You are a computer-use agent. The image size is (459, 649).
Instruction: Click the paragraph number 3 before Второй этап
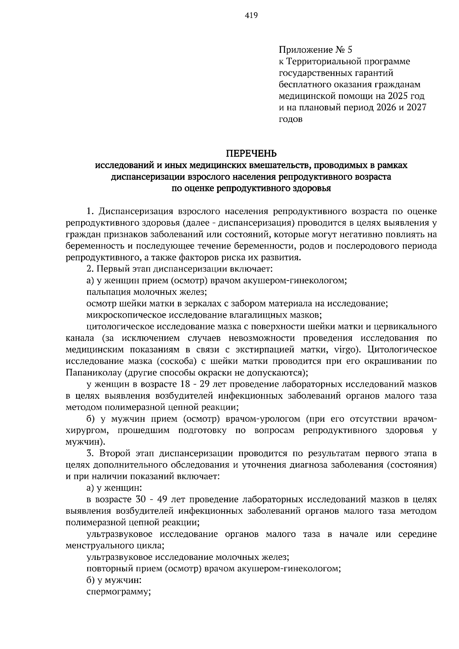89,453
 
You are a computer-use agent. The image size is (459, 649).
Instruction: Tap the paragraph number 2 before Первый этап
89,269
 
